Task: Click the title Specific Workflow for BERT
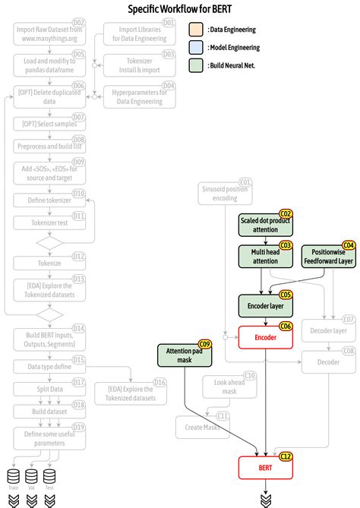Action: point(179,10)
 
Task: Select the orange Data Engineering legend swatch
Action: point(196,30)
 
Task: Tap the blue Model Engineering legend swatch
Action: point(196,47)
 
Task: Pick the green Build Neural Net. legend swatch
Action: point(196,65)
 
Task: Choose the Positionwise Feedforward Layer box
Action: point(329,256)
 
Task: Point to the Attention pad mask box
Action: point(184,355)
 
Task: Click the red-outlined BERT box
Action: point(265,468)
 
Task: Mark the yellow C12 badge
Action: point(286,456)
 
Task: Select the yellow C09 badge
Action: point(205,344)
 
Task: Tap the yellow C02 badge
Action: point(286,214)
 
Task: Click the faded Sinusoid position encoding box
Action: point(225,193)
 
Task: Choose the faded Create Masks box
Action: point(202,427)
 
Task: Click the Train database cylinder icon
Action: point(13,476)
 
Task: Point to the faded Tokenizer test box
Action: point(49,223)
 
